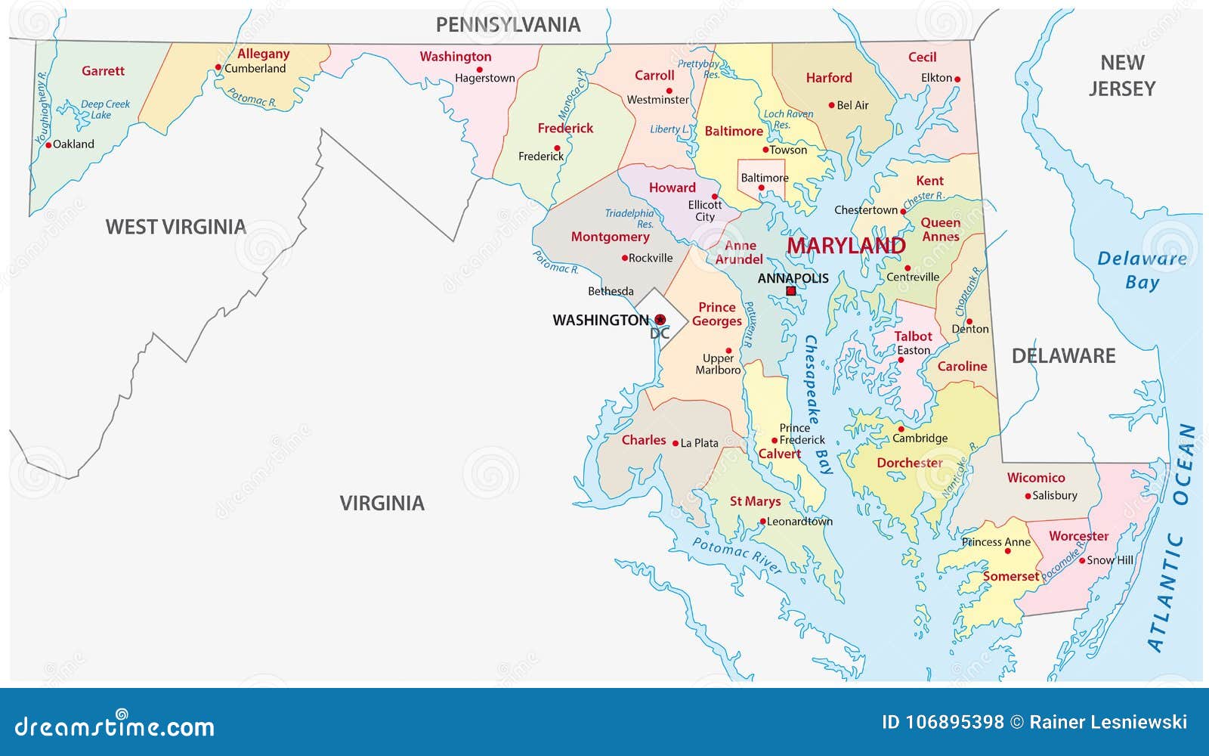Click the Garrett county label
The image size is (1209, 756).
tap(103, 71)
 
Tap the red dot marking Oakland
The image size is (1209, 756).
tap(48, 144)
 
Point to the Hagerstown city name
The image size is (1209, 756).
tap(484, 78)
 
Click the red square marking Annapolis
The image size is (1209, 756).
tap(790, 291)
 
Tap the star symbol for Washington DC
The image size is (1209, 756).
tap(660, 320)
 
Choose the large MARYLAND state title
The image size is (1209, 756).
tap(846, 246)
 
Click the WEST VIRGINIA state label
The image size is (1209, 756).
tap(175, 227)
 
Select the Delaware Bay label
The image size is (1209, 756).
tap(1142, 270)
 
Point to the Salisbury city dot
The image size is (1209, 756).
tap(1028, 497)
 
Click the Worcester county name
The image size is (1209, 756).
tap(1078, 536)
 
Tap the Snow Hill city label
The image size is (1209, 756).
tap(1110, 560)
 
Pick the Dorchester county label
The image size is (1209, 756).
tap(909, 463)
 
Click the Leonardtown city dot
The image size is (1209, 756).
tap(763, 522)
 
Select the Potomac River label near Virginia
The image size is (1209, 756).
tap(736, 556)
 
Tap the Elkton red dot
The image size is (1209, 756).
tap(957, 79)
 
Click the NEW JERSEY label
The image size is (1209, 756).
tap(1122, 76)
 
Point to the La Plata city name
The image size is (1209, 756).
tap(699, 443)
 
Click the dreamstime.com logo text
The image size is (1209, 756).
tap(115, 726)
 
